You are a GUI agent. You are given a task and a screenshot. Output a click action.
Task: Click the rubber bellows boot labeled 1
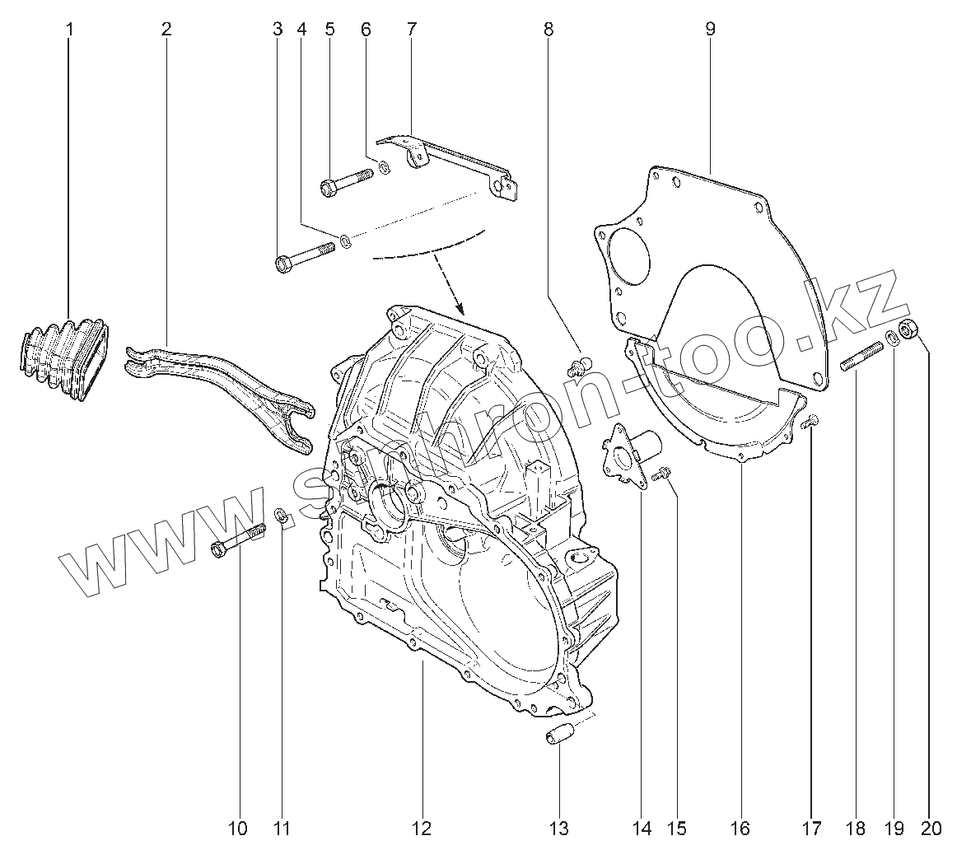(x=63, y=358)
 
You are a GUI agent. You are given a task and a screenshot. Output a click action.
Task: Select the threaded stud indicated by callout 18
(x=861, y=358)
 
